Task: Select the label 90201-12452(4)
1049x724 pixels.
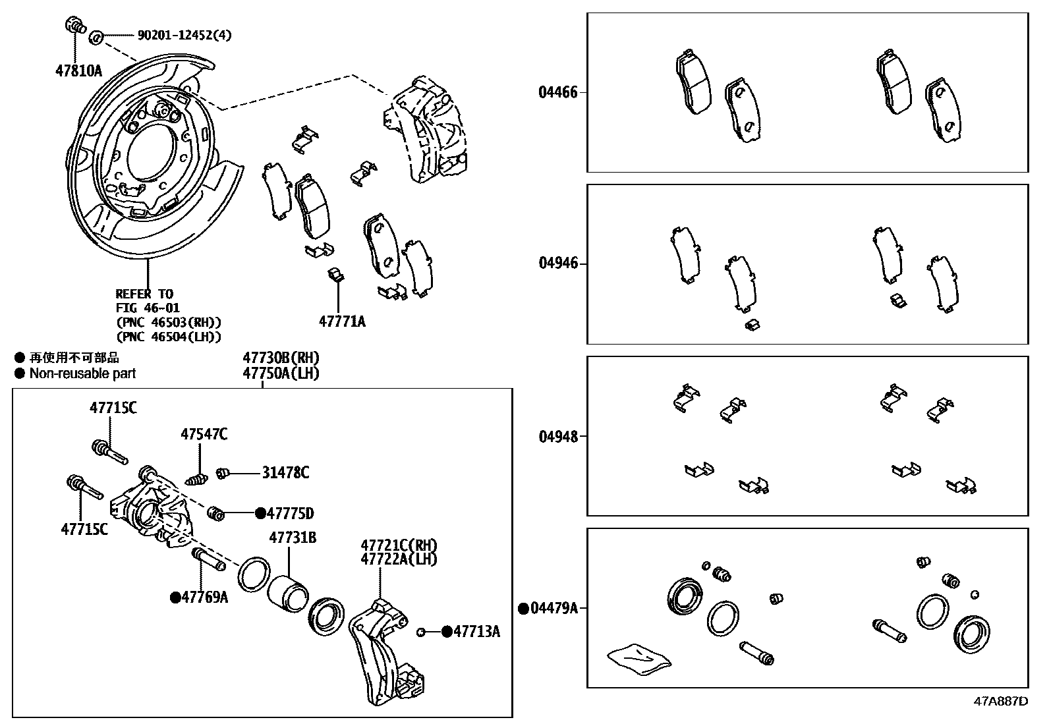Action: [184, 35]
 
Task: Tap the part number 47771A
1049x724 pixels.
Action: [342, 321]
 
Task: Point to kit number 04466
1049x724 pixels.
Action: [557, 92]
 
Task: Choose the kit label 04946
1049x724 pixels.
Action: [557, 264]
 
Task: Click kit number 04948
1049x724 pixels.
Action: [557, 436]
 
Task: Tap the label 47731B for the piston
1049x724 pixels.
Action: [292, 538]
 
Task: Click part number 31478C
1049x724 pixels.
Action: [285, 473]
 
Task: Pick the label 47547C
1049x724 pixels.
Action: [204, 434]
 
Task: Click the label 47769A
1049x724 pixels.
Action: [204, 598]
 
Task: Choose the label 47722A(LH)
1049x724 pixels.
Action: [399, 559]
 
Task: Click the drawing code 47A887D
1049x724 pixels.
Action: [1000, 701]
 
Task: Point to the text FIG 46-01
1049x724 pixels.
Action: [148, 308]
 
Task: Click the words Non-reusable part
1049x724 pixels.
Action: [82, 374]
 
